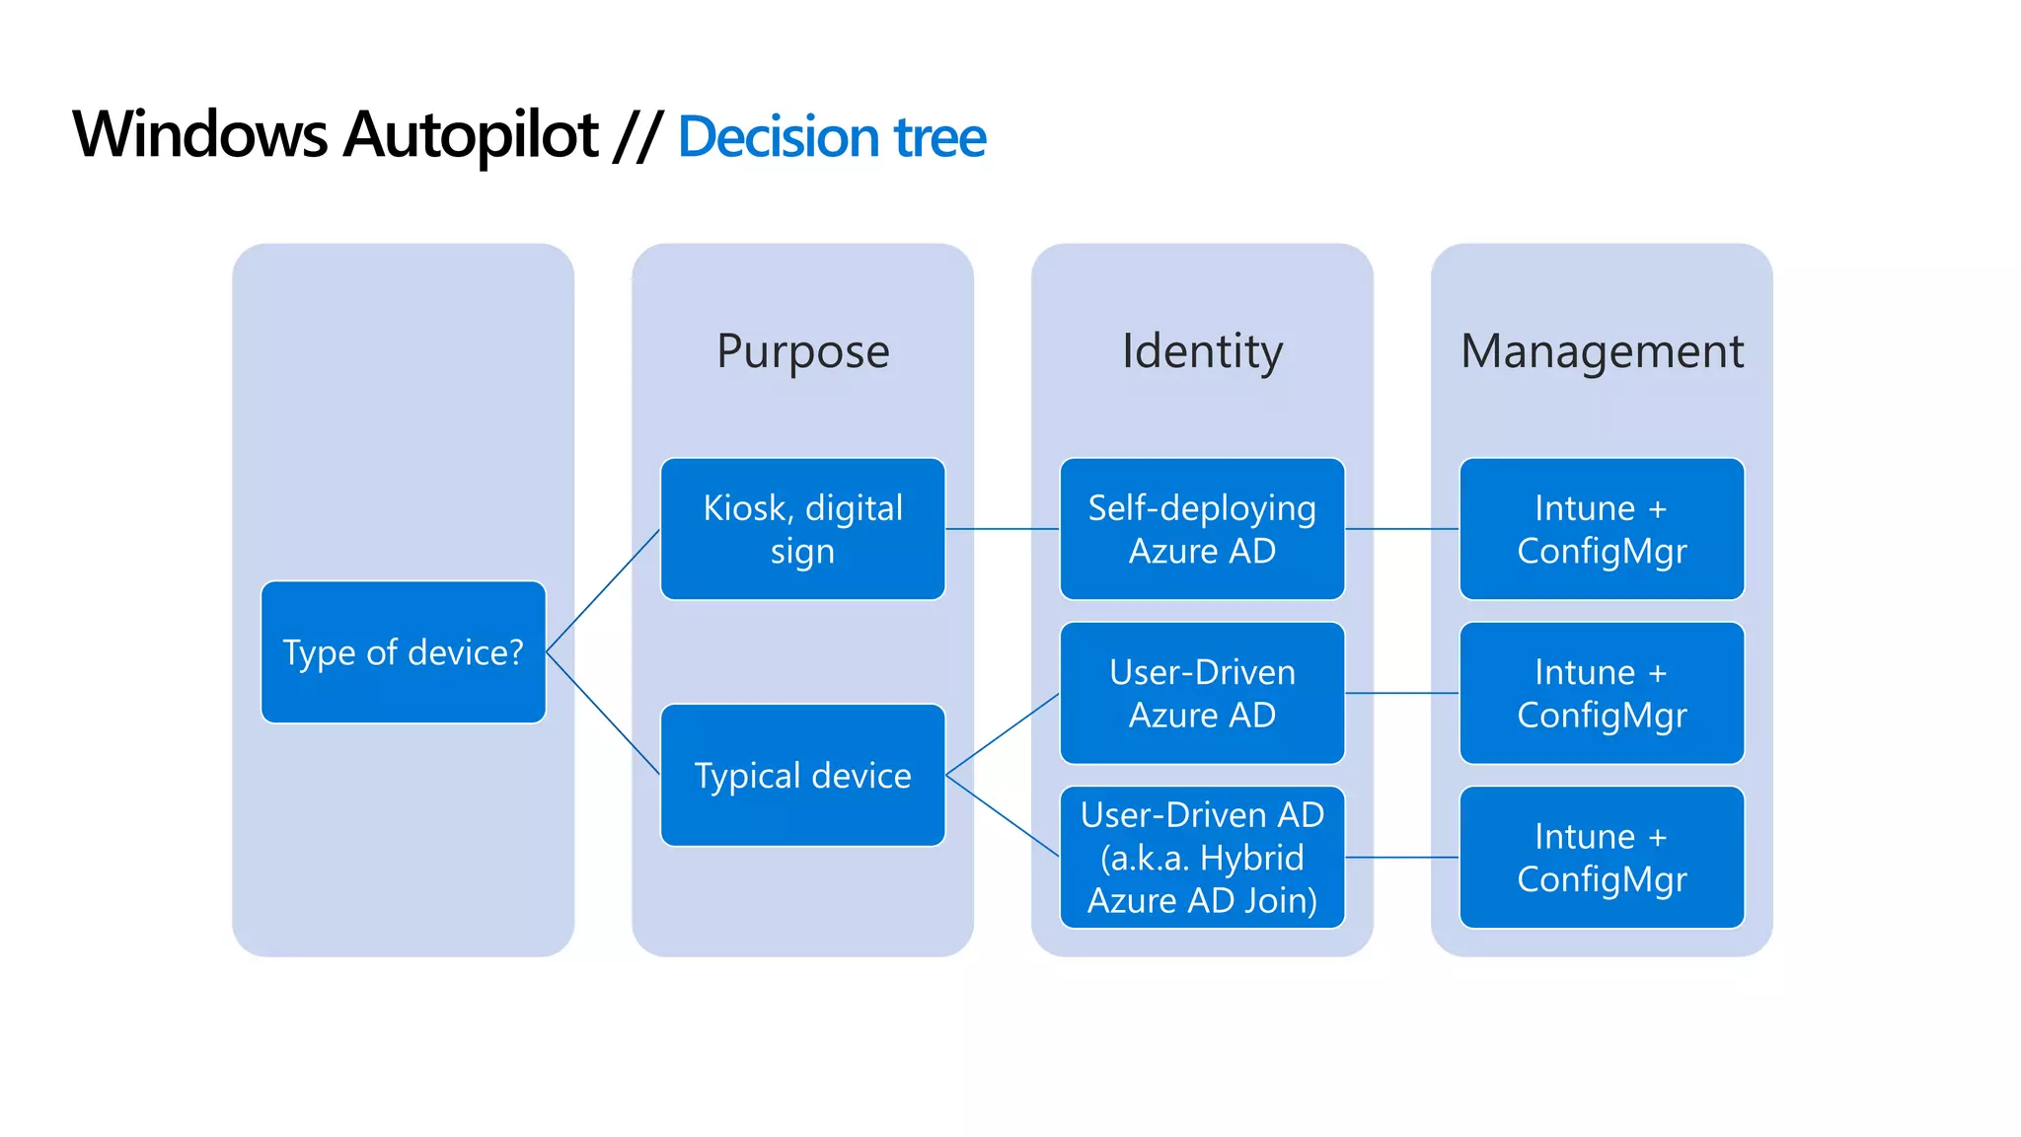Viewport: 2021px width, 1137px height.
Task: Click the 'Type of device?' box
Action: (x=403, y=652)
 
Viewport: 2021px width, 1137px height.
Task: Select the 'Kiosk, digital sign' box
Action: (x=802, y=529)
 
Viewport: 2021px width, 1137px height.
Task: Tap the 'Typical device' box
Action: (x=802, y=775)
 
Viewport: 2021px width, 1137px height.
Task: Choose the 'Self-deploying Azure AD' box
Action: (x=1202, y=529)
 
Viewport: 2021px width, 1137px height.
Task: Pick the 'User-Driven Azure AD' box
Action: (x=1202, y=693)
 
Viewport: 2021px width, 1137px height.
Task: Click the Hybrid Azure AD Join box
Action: (x=1202, y=857)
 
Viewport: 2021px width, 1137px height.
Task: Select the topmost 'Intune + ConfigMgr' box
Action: (x=1602, y=529)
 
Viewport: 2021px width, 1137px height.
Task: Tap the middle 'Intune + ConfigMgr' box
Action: (x=1602, y=693)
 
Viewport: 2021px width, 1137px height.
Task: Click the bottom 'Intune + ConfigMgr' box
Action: (x=1602, y=857)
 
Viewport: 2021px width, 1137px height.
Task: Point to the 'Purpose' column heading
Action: (x=802, y=351)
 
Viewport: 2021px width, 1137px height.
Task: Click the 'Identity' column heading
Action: (x=1202, y=351)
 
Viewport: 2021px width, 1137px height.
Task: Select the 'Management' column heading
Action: (x=1602, y=351)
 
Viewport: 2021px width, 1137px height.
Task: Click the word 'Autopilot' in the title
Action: (x=471, y=135)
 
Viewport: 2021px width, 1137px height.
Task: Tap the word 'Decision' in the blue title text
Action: (x=778, y=137)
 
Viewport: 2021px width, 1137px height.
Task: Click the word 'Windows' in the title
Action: (x=199, y=135)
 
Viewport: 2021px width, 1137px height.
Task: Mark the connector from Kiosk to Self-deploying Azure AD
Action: (x=1003, y=529)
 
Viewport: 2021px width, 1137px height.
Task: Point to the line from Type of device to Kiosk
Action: (x=603, y=590)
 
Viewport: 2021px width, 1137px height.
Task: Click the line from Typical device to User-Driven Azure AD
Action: (x=1003, y=733)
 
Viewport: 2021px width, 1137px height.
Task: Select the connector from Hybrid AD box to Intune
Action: (x=1402, y=857)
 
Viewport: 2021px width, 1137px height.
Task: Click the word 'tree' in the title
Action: (x=939, y=137)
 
